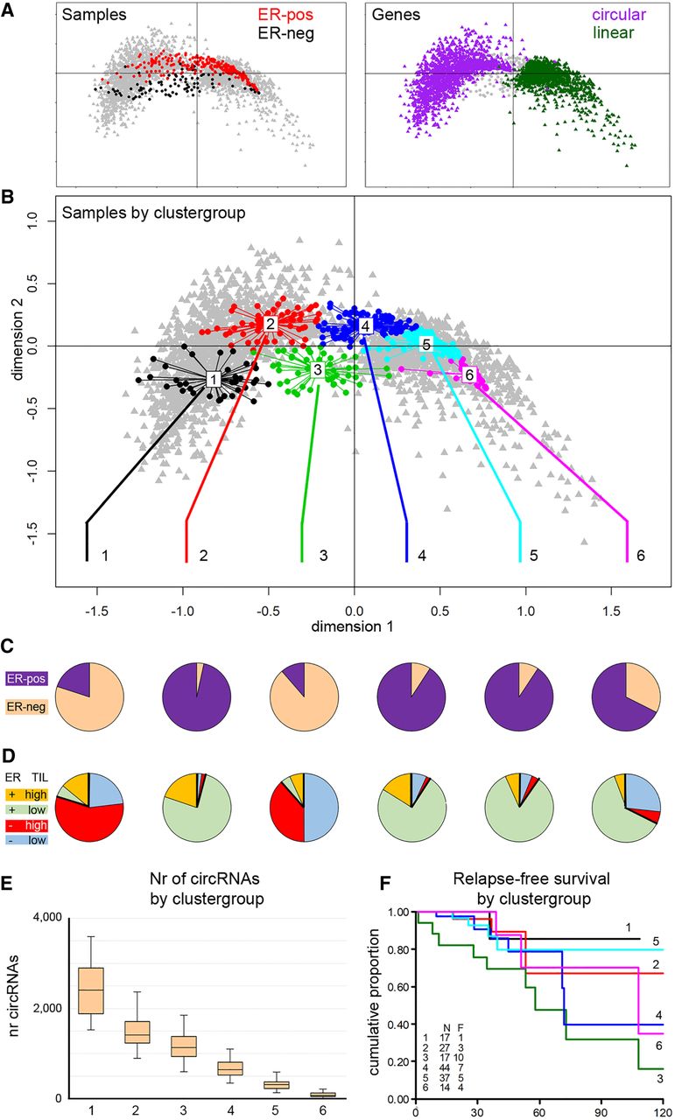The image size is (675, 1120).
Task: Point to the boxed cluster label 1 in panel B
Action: [x=213, y=379]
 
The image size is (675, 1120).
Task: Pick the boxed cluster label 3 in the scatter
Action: [x=319, y=370]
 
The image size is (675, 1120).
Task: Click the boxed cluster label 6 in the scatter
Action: [x=469, y=374]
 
